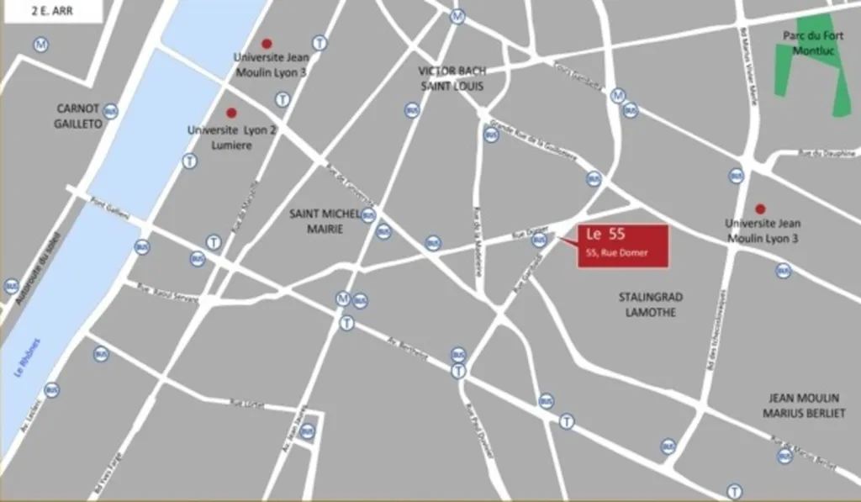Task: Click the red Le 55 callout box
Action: point(622,246)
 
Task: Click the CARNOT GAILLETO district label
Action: point(78,116)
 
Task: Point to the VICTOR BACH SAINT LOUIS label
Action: point(452,78)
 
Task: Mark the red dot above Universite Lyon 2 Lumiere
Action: point(231,113)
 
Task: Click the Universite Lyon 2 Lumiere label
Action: point(219,138)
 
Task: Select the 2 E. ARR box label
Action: point(51,10)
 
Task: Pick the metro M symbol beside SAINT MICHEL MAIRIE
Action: point(342,298)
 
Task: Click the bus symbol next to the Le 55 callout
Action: point(540,240)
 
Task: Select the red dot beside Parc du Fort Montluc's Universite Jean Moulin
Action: point(760,209)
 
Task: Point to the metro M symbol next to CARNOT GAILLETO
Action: point(40,45)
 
